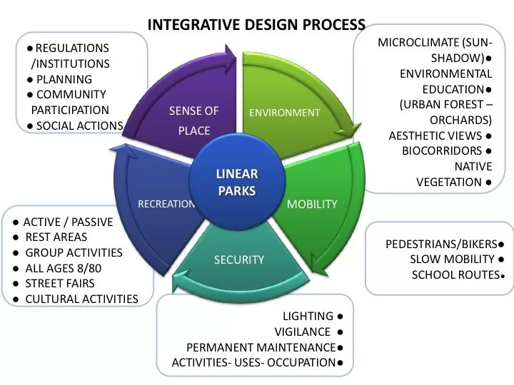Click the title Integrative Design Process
coord(256,24)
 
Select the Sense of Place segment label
coord(193,120)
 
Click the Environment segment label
coord(284,113)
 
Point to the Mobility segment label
coord(312,204)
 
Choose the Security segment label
coord(239,260)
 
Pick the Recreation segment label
coord(166,204)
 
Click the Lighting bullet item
coord(308,316)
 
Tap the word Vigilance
coord(302,332)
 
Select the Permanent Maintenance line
coord(261,347)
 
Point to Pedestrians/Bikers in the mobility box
coord(441,244)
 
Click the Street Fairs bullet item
coord(59,283)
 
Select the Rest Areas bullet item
coord(56,237)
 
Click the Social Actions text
coord(79,126)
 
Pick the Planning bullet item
coord(64,79)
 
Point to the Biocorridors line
coord(442,150)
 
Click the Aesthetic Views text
coord(435,135)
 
